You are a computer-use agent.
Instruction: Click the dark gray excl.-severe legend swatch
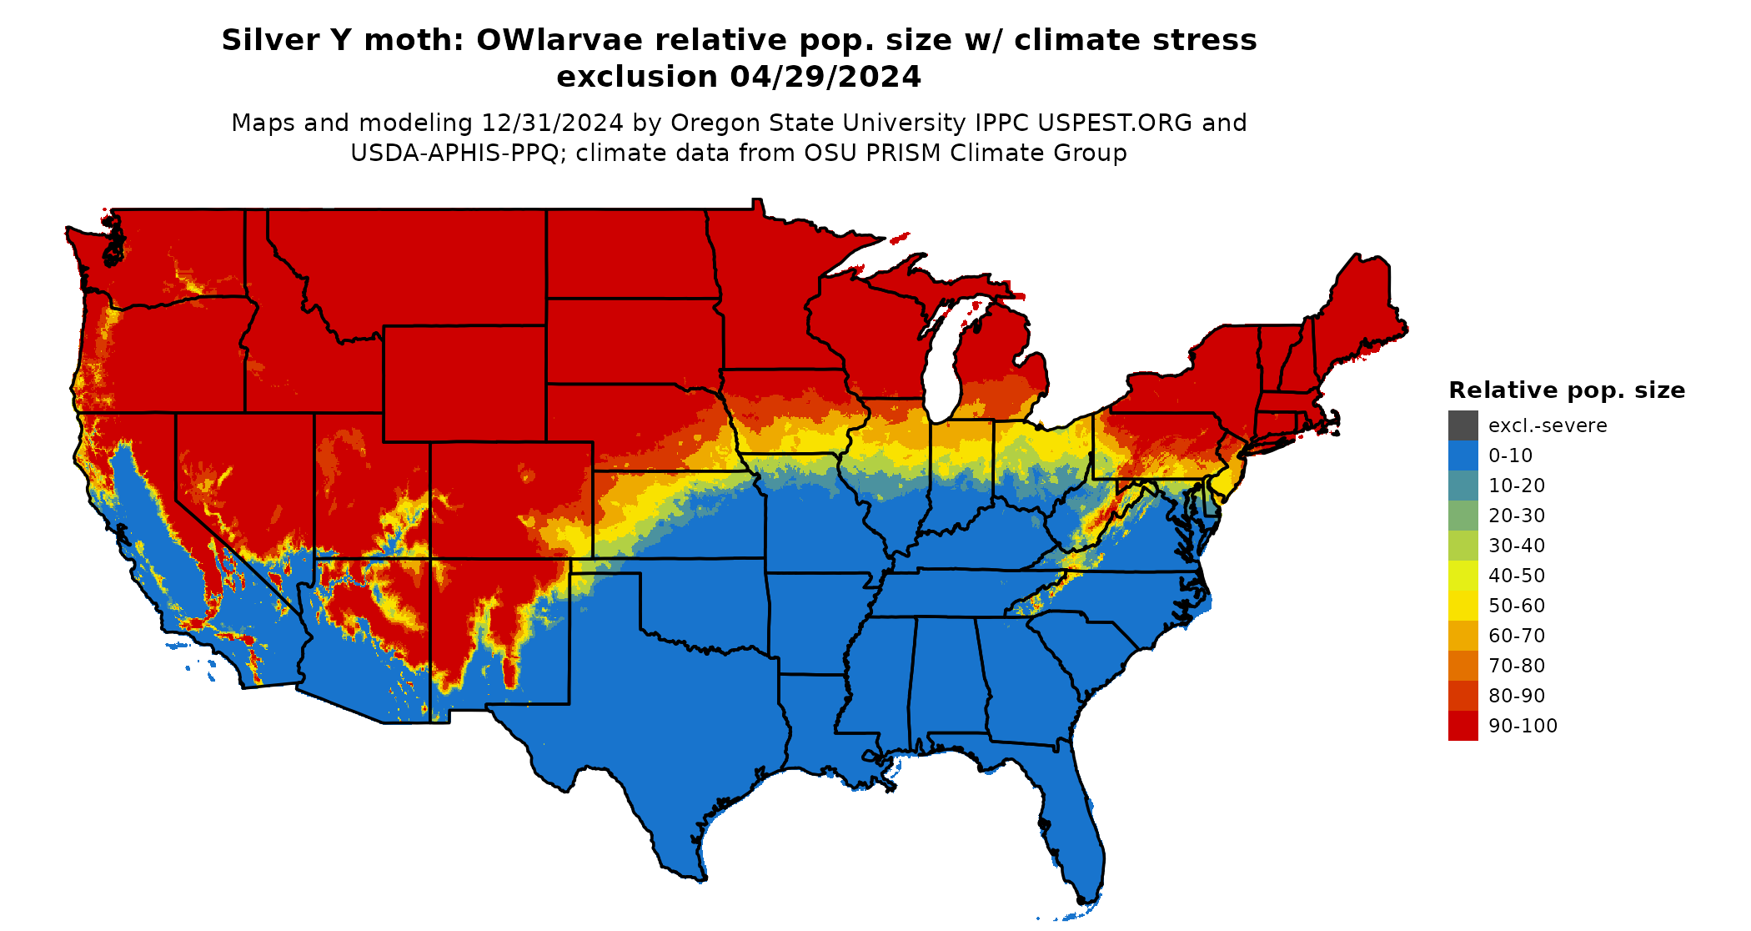[1463, 425]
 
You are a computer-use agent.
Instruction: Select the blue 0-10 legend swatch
[1463, 455]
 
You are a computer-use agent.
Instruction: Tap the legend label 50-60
[1516, 606]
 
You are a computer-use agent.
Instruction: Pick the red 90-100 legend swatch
[1463, 726]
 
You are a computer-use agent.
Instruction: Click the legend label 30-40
[1516, 546]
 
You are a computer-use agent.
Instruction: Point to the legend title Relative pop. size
[1566, 390]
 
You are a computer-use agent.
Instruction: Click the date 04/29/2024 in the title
[825, 77]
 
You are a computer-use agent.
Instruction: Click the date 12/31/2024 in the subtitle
[552, 123]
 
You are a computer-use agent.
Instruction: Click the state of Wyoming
[464, 384]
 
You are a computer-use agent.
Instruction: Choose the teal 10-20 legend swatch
[1463, 486]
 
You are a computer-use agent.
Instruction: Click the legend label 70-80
[1516, 666]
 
